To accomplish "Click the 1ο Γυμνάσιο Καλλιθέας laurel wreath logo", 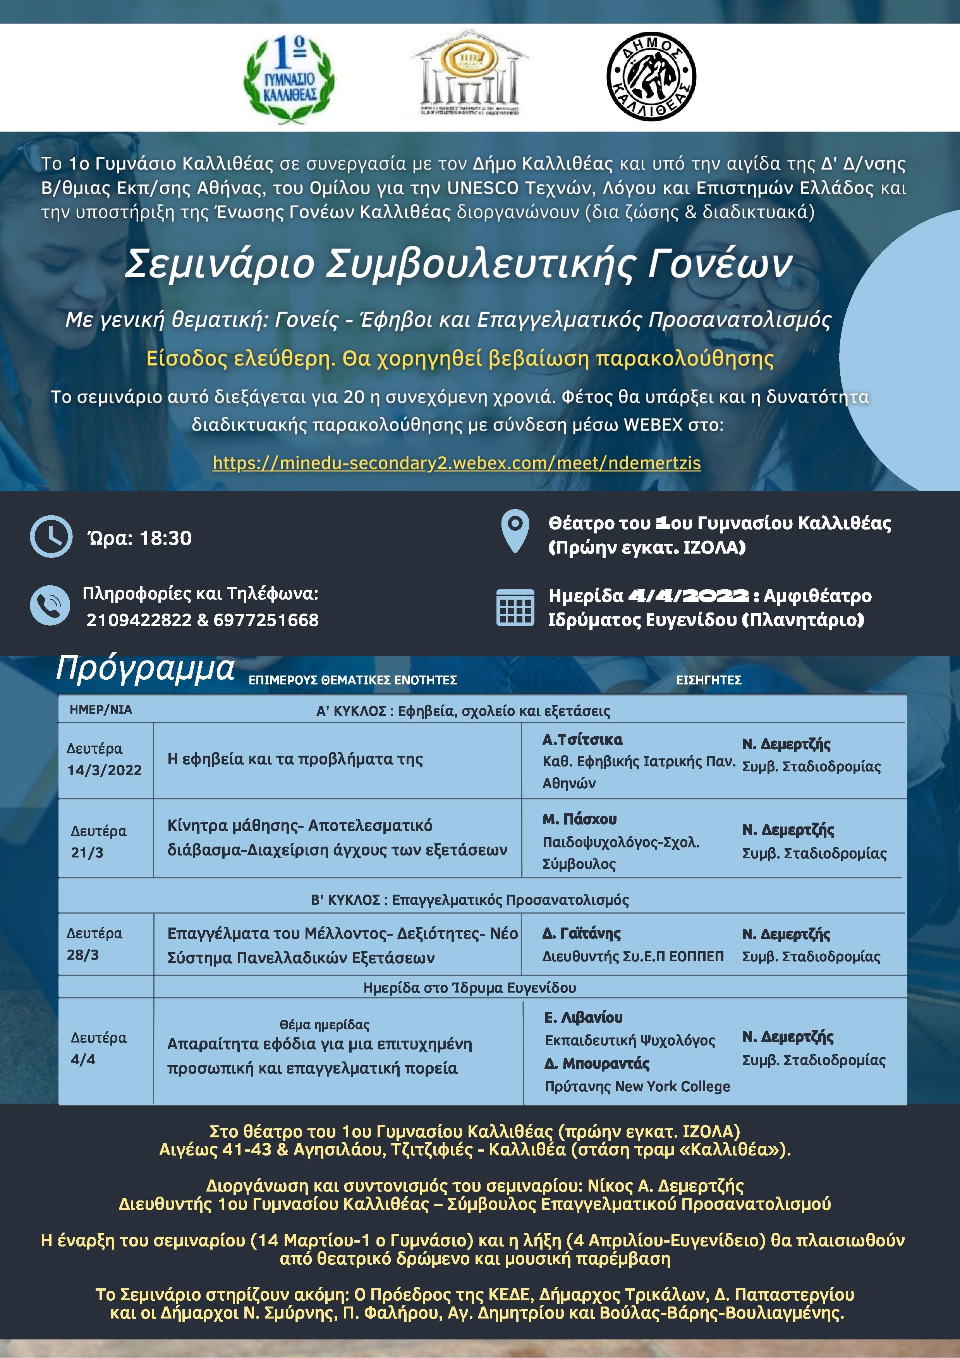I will tap(289, 79).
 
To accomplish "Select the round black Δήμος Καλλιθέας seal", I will tap(651, 77).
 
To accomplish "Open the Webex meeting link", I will tap(457, 463).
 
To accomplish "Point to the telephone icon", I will tap(50, 605).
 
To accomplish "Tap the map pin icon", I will tap(515, 531).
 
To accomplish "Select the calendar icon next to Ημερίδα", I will tap(515, 607).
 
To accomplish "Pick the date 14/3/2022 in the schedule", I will tap(105, 770).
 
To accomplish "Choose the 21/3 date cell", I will tap(87, 852).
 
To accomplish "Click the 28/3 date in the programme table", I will tap(83, 955).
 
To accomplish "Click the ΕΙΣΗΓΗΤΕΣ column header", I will tap(709, 680).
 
